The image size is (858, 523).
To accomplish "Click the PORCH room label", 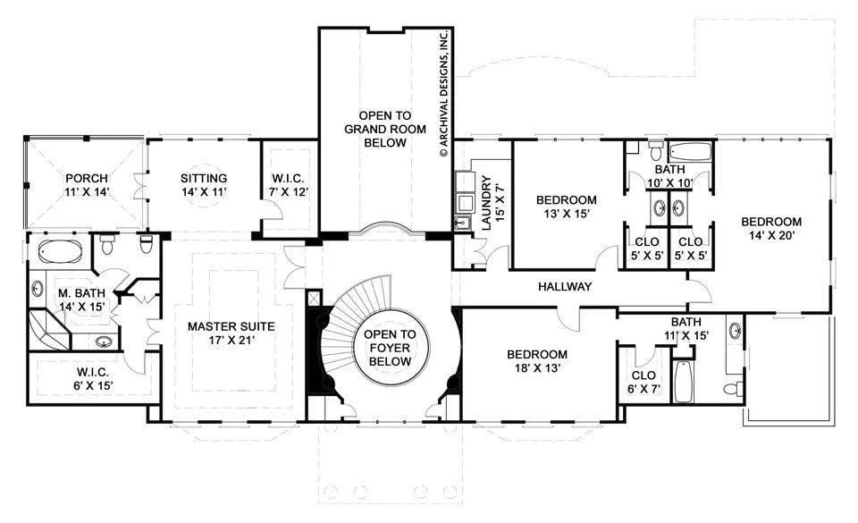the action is point(87,185).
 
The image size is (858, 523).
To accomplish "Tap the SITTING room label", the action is point(204,185).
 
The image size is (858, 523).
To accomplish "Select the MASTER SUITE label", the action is point(231,333).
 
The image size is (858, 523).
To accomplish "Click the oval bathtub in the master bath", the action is point(60,251).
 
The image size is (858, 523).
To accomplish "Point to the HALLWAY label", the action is point(565,286).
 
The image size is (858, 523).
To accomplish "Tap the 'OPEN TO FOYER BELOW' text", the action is point(391,348).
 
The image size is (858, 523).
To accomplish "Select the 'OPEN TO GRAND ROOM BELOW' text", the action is point(385,129).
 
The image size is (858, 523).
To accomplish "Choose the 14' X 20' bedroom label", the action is point(771,229).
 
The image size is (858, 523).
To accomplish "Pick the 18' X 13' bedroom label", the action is point(537,361).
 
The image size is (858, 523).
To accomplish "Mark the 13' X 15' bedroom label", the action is point(567,207).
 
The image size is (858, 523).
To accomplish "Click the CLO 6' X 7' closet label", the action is point(643,382).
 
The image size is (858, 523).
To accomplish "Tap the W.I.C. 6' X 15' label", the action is point(93,379).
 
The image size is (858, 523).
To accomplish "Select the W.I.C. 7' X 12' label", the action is point(288,185).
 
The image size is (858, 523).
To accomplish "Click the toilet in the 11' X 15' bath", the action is point(733,389).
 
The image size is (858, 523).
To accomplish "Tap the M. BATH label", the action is point(81,300).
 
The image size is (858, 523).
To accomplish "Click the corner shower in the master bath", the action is point(48,331).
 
